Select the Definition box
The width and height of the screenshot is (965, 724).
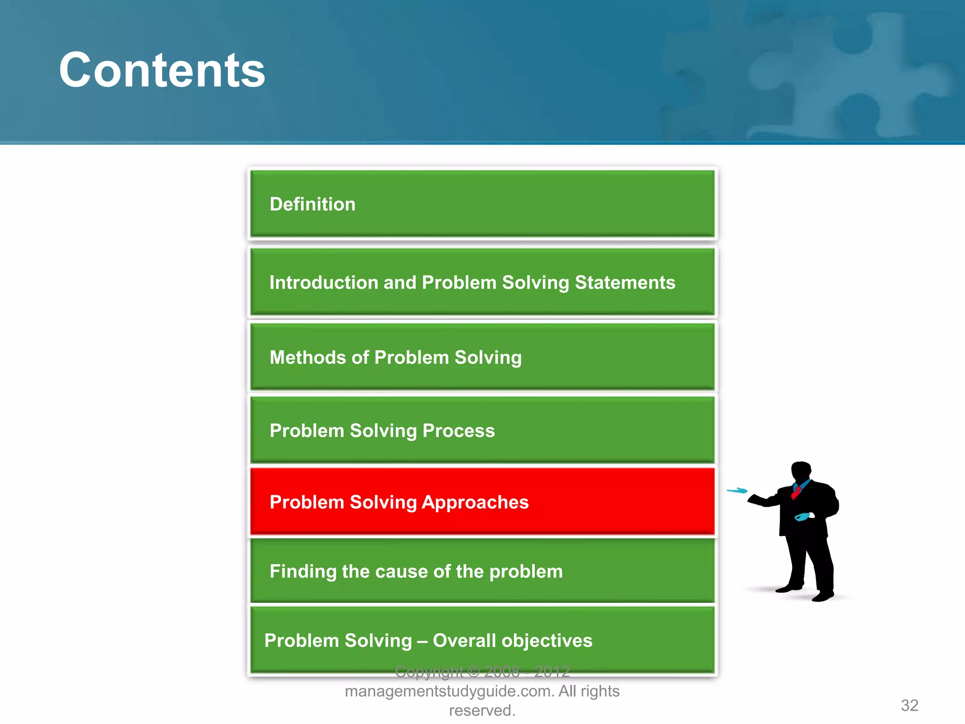point(482,204)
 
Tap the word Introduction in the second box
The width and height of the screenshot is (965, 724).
point(324,282)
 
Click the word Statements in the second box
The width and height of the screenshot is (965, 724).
point(625,282)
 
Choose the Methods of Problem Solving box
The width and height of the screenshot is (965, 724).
point(482,357)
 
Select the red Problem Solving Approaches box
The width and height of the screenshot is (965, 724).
point(482,502)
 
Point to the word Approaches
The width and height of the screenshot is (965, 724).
point(475,502)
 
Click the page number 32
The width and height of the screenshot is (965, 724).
point(909,705)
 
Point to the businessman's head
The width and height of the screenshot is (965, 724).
point(801,471)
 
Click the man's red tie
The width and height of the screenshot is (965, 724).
point(796,492)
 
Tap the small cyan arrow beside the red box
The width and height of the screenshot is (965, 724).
point(737,491)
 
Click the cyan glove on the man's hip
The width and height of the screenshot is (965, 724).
point(802,517)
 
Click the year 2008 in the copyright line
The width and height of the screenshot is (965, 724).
point(502,671)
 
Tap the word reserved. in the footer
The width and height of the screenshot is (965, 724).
point(482,710)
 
